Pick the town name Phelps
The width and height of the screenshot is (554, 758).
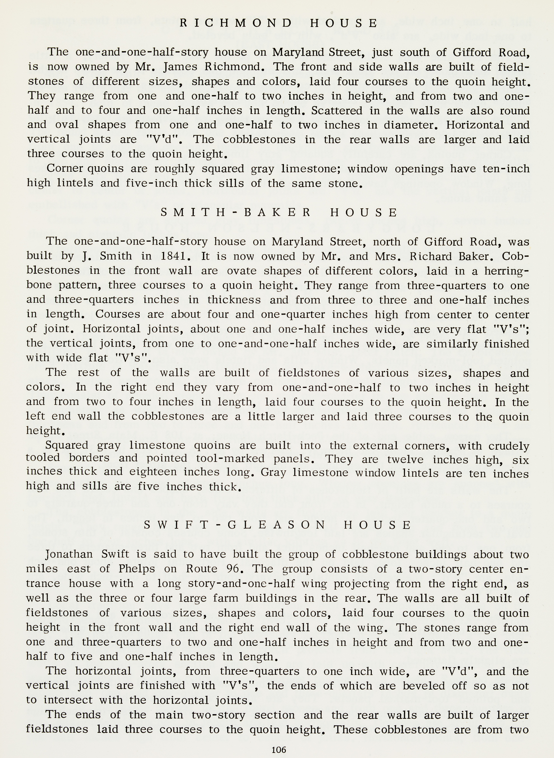(x=137, y=569)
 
